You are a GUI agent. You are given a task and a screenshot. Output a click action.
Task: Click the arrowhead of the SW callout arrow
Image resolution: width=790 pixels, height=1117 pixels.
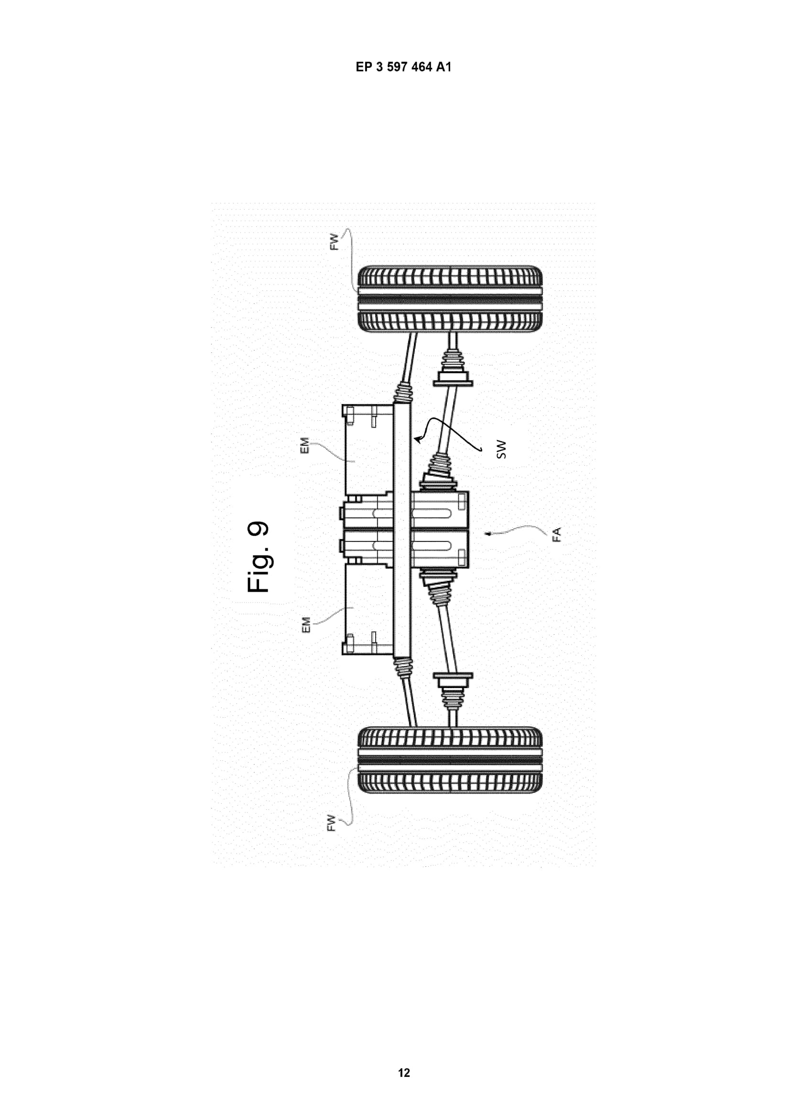point(416,439)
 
